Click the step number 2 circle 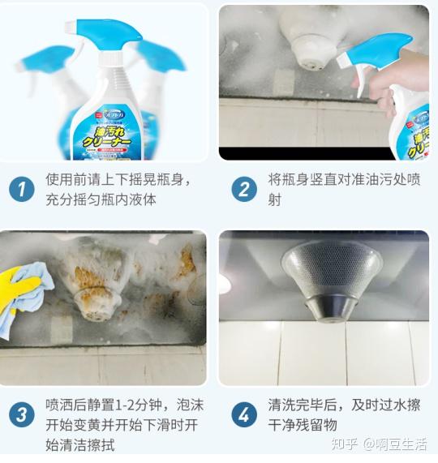click(243, 190)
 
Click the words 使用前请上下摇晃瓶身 click(117, 179)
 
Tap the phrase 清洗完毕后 click(300, 403)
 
